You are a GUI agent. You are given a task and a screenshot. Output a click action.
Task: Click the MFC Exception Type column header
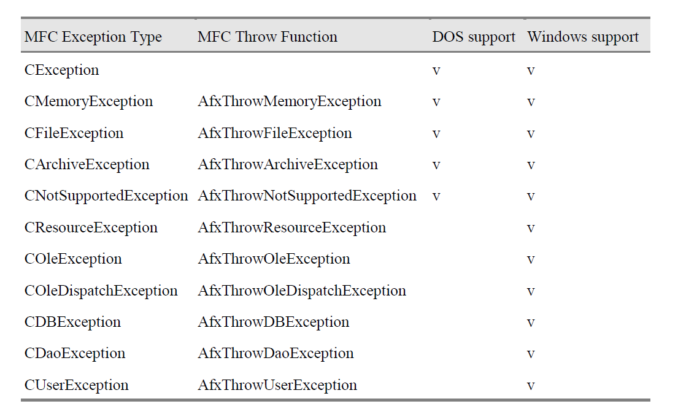(93, 37)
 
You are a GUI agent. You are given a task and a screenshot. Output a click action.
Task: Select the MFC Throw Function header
(268, 37)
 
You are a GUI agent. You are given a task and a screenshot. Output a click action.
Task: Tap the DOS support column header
(474, 37)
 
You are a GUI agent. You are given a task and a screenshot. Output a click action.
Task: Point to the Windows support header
(583, 37)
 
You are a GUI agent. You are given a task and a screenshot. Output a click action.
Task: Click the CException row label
(61, 70)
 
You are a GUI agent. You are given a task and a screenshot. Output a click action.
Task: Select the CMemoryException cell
(88, 101)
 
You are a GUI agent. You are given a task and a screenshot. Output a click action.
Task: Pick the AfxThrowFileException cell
(275, 133)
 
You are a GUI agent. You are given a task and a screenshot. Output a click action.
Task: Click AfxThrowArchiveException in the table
(288, 164)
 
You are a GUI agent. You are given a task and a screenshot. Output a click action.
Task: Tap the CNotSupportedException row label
(106, 196)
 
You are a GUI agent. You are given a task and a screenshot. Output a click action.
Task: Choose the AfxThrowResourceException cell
(292, 227)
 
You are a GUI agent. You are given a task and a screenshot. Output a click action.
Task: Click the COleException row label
(73, 259)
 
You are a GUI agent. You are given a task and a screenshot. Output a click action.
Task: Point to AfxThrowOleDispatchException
(302, 291)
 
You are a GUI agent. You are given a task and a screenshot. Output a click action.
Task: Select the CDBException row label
(72, 322)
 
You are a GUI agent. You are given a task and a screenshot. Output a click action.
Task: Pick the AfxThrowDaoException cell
(275, 354)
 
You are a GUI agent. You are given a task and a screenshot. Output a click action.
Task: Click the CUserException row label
(77, 385)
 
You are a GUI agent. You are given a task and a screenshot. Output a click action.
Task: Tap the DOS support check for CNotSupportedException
(436, 197)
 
